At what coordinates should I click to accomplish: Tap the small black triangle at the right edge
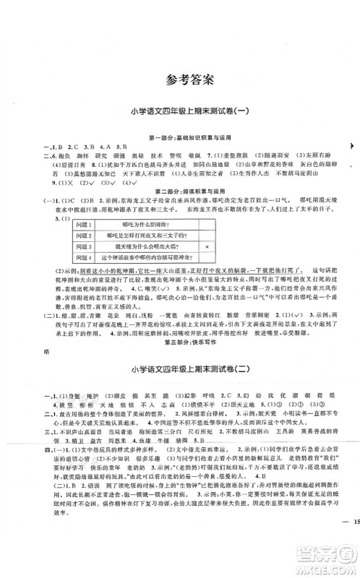click(351, 147)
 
